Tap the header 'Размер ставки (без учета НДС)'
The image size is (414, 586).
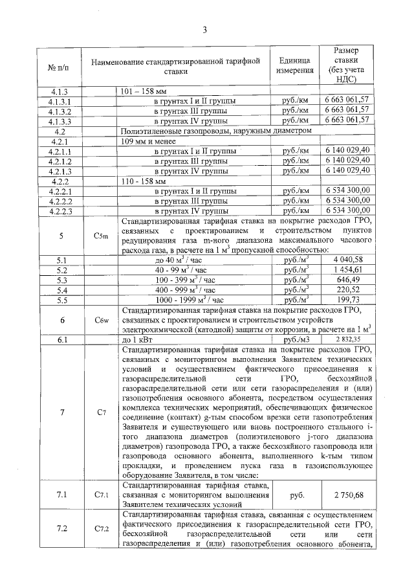(347, 66)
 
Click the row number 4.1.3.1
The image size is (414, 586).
(63, 102)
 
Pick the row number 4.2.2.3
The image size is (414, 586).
(63, 210)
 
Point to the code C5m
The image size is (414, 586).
(100, 236)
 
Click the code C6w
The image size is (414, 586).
(100, 320)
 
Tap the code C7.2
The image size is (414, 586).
(101, 529)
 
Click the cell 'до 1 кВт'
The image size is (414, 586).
(136, 339)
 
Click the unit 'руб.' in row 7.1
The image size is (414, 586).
(297, 495)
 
